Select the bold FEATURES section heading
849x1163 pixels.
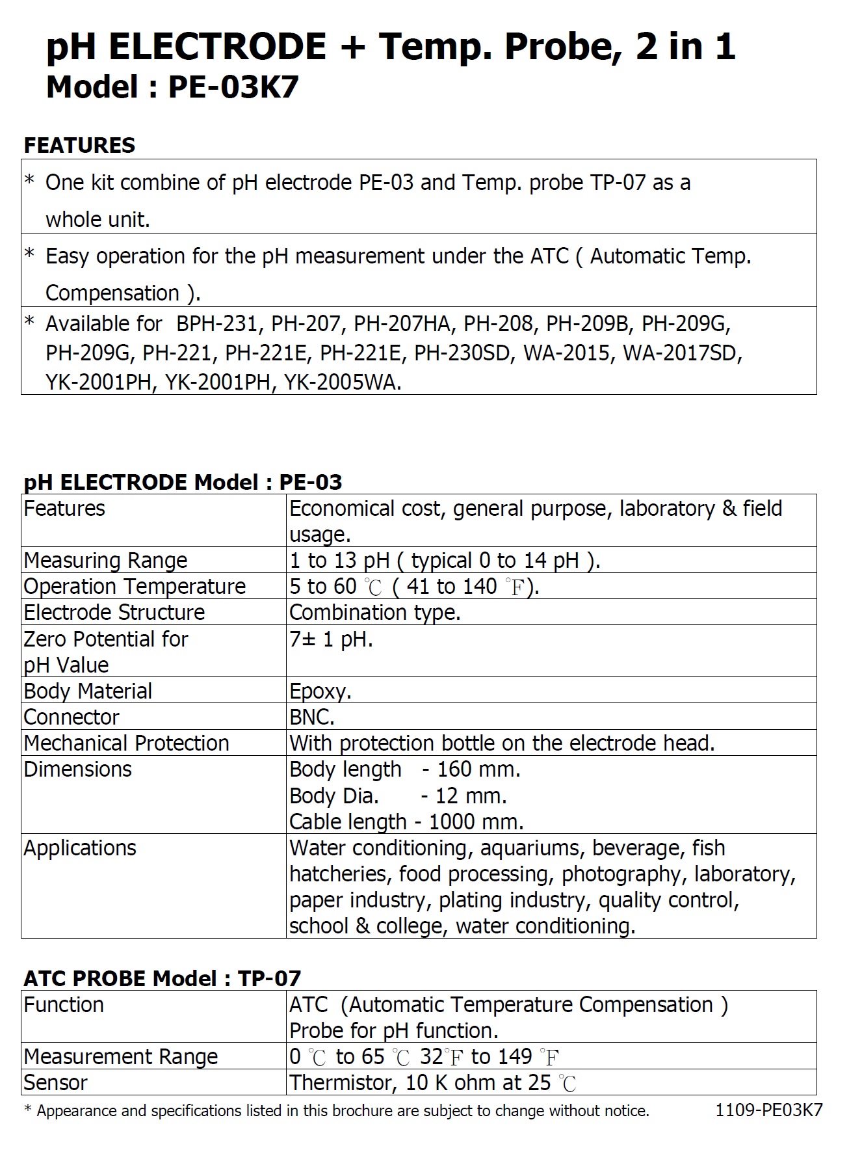click(79, 145)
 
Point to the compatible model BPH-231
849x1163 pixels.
click(217, 323)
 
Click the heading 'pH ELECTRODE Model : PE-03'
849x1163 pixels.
click(183, 482)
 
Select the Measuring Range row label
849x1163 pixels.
click(105, 560)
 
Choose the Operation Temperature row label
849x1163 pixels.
click(135, 586)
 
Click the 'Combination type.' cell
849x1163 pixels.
click(374, 612)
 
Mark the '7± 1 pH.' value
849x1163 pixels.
click(331, 639)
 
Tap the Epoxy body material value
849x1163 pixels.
click(320, 691)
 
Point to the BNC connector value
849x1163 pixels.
click(312, 717)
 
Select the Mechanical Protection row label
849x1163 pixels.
click(126, 743)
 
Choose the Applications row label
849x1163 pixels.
click(80, 848)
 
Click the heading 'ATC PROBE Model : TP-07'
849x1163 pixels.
click(163, 978)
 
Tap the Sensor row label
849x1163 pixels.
click(55, 1082)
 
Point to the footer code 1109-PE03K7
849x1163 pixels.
click(768, 1110)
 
